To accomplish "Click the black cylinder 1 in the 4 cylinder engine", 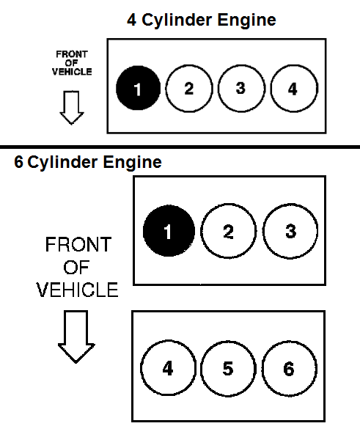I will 137,89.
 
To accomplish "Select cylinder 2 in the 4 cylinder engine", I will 188,89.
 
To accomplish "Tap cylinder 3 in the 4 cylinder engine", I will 240,89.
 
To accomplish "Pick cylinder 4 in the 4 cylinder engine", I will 293,89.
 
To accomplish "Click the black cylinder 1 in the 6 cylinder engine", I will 168,232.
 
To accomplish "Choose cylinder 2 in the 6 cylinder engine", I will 228,232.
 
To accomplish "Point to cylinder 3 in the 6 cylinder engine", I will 290,232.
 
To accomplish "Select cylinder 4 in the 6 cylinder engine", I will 168,368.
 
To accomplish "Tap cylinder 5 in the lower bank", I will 228,368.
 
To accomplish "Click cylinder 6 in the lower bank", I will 288,368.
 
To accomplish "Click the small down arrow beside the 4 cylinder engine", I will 72,107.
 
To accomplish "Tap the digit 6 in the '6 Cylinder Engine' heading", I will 18,163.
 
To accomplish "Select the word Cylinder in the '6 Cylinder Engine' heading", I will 62,163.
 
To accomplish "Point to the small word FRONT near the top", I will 72,54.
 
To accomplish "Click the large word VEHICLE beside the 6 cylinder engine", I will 77,290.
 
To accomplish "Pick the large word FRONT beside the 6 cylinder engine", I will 77,245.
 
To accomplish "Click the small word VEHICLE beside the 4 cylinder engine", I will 72,72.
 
